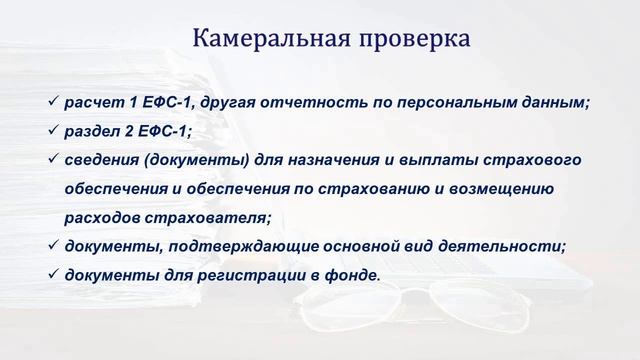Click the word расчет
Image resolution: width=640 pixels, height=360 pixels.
tap(93, 102)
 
